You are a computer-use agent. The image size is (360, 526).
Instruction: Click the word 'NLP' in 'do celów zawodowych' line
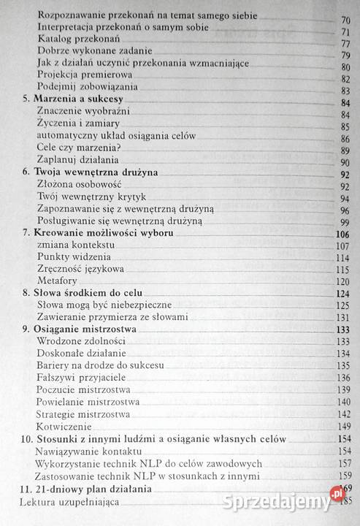[170, 462]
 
